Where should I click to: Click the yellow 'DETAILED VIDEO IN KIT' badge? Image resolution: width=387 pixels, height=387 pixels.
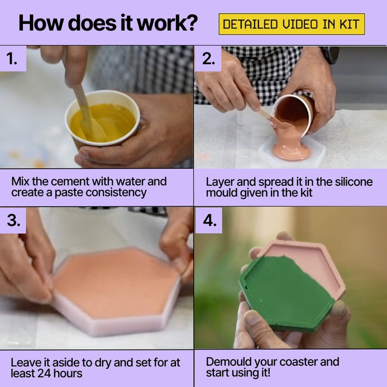point(292,24)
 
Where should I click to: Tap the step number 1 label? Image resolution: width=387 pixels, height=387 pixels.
point(12,59)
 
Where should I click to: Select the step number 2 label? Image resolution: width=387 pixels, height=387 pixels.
point(208,59)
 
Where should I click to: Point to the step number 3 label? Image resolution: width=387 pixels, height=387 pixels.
point(13,220)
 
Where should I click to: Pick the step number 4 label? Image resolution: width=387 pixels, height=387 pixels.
point(210,220)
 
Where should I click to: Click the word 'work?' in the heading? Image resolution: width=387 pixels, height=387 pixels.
point(167,23)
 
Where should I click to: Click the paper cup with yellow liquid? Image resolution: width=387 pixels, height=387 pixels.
point(102,118)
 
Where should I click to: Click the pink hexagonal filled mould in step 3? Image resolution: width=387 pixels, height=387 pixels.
point(116,292)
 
